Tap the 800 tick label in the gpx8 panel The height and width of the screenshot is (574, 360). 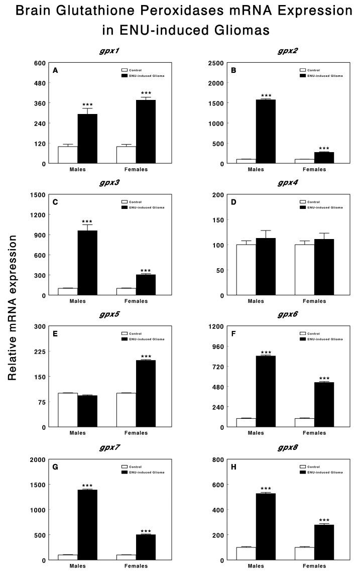222,460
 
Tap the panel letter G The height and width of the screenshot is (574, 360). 55,467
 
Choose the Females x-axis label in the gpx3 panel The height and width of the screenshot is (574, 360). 136,301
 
